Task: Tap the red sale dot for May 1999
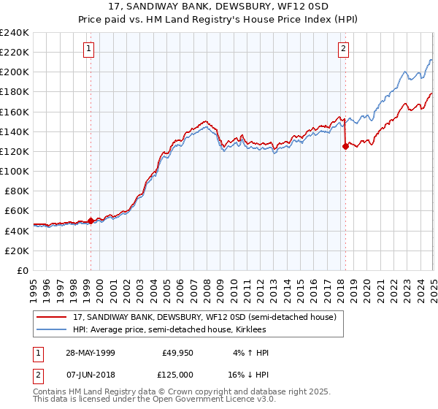coord(91,221)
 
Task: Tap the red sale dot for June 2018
coord(345,146)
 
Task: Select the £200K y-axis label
coord(15,72)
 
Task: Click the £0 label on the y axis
coord(23,270)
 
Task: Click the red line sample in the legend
coord(52,318)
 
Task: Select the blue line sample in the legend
coord(52,330)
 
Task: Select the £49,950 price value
coord(177,353)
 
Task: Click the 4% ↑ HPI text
coord(249,353)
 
